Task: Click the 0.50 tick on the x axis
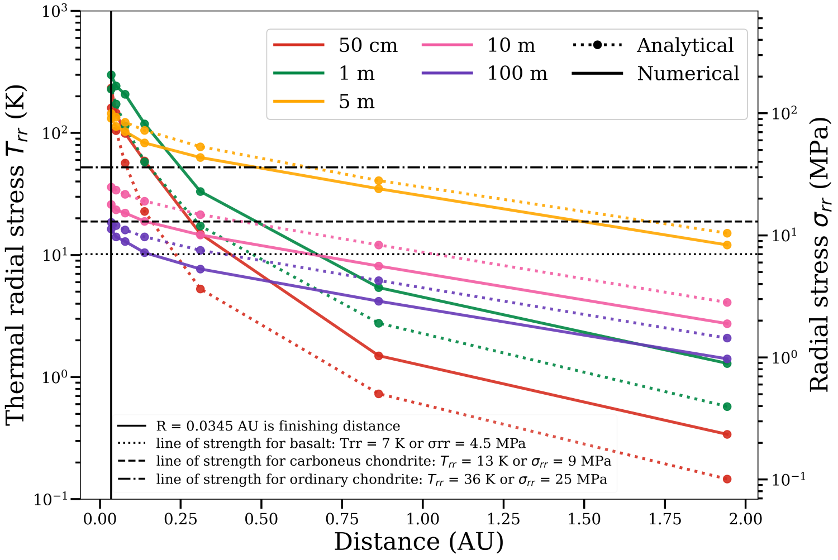(x=261, y=519)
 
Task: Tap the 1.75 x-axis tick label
(x=665, y=519)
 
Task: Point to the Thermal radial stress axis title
(x=16, y=255)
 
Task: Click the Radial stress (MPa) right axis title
(x=820, y=255)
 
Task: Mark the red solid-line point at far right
(x=727, y=434)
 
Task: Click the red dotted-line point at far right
(x=727, y=479)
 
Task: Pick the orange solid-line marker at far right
(x=727, y=245)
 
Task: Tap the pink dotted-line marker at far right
(x=727, y=303)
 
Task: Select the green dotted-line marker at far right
(x=727, y=406)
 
